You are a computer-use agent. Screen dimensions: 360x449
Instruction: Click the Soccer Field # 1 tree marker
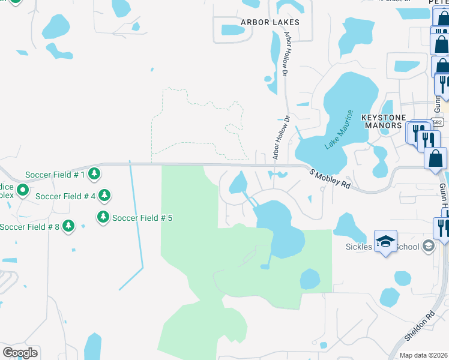94,175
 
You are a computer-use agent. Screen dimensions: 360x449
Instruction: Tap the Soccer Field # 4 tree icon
104,196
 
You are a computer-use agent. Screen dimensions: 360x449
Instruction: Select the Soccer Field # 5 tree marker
103,217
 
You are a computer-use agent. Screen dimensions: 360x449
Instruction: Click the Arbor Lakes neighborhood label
270,22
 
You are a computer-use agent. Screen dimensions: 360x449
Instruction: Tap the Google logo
20,353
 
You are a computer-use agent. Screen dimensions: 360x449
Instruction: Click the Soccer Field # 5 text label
142,218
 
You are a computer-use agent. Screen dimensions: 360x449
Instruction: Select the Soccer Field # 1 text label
55,175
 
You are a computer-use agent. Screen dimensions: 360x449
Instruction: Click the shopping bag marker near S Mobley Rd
435,159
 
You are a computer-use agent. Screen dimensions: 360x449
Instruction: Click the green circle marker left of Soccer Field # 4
23,191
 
